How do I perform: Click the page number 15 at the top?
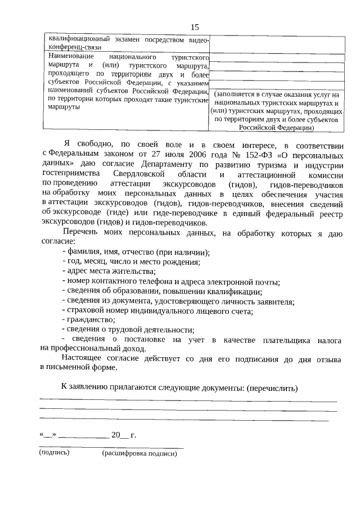tap(195, 27)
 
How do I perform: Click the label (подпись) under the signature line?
tap(54, 452)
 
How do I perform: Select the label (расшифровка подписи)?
tap(139, 453)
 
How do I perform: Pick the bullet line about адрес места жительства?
tap(109, 271)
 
